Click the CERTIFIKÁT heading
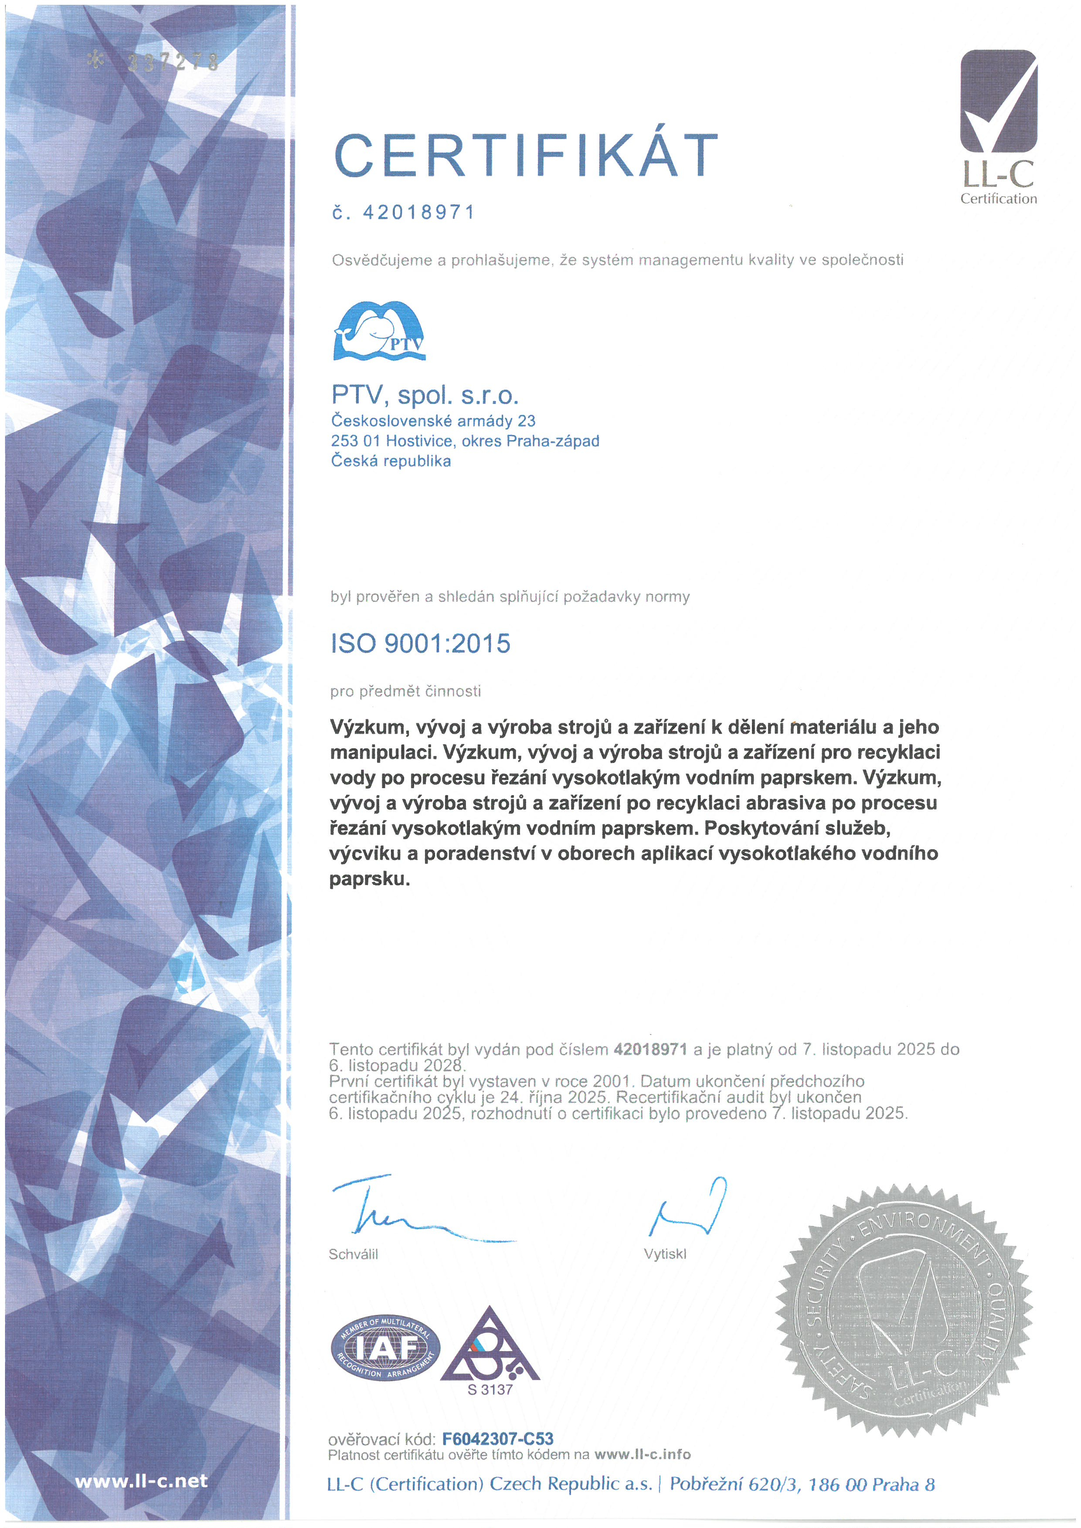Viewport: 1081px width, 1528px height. (x=526, y=156)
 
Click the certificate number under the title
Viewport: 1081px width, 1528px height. (x=419, y=212)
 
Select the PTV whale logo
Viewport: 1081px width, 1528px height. (x=379, y=331)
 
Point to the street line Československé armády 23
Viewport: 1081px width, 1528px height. (x=433, y=420)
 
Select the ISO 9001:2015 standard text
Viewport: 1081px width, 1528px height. (x=421, y=644)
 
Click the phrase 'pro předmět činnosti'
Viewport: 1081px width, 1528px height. (x=405, y=691)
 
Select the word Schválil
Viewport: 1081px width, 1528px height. (x=354, y=1254)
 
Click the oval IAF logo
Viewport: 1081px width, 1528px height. (x=385, y=1348)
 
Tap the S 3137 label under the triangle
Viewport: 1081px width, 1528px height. (x=490, y=1389)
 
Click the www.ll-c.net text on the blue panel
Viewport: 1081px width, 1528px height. (x=141, y=1481)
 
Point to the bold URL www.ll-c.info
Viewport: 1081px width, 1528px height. (x=642, y=1455)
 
